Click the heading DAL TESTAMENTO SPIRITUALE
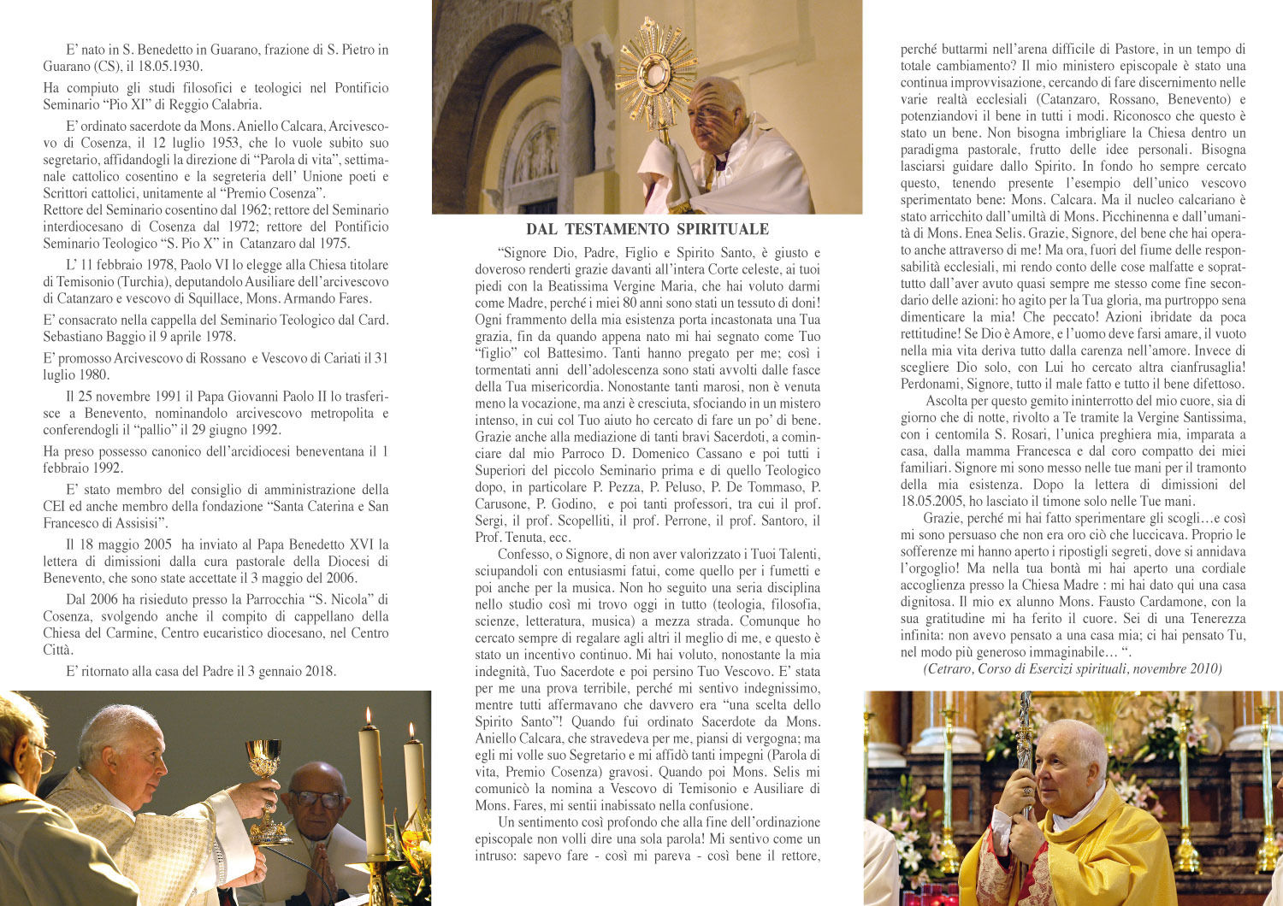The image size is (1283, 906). (x=647, y=229)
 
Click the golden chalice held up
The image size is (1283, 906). (x=263, y=759)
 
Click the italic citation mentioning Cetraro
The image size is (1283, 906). (x=1073, y=668)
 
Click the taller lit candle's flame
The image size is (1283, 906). (x=369, y=715)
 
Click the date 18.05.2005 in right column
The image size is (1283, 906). (x=937, y=502)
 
